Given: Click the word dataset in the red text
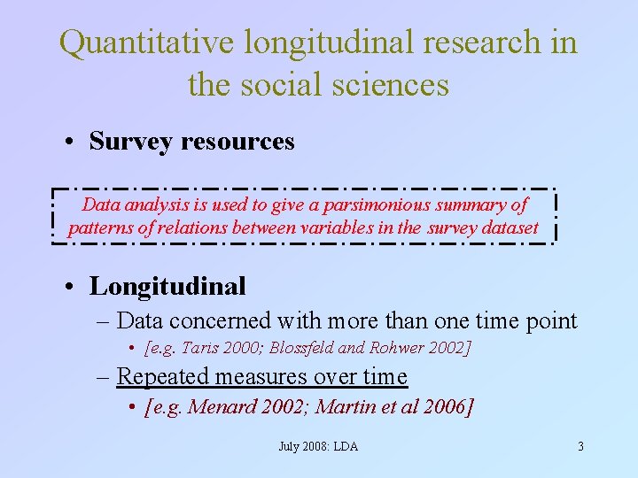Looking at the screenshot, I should pos(506,227).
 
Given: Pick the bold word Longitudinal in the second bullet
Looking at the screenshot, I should pos(167,286).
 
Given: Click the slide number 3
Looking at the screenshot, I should pos(580,446).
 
